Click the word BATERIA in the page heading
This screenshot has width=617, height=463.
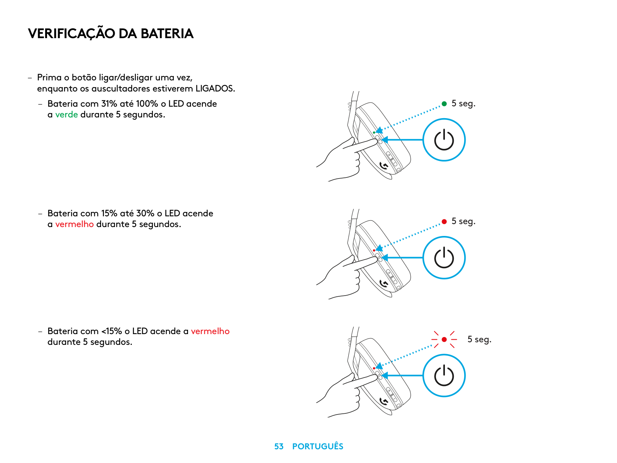167,33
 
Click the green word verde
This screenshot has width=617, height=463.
66,114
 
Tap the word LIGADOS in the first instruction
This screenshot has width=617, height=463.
214,89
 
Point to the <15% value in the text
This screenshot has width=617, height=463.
112,331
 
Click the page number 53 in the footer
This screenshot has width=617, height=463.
279,446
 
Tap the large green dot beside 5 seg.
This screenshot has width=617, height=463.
444,104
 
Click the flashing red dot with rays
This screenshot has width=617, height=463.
444,340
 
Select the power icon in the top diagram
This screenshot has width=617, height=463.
444,140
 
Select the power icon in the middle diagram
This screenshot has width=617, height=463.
444,258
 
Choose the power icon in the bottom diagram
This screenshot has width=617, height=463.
444,376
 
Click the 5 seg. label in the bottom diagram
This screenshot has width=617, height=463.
479,339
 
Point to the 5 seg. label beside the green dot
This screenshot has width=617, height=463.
463,103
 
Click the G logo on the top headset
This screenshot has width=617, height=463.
384,166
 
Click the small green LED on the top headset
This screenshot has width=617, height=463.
374,133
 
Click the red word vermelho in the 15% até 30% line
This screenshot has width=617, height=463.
74,224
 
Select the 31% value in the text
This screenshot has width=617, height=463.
109,103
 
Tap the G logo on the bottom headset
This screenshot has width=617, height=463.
384,401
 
